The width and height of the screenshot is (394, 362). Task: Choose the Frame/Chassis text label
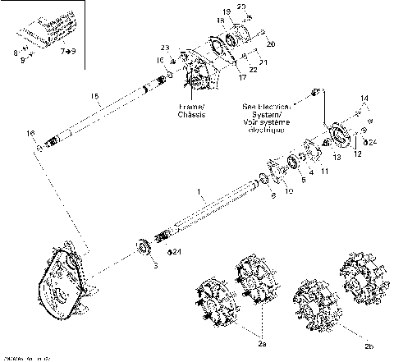click(x=191, y=111)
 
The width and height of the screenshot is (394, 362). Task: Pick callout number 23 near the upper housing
click(x=164, y=47)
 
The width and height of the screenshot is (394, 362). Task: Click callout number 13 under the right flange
click(x=337, y=156)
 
